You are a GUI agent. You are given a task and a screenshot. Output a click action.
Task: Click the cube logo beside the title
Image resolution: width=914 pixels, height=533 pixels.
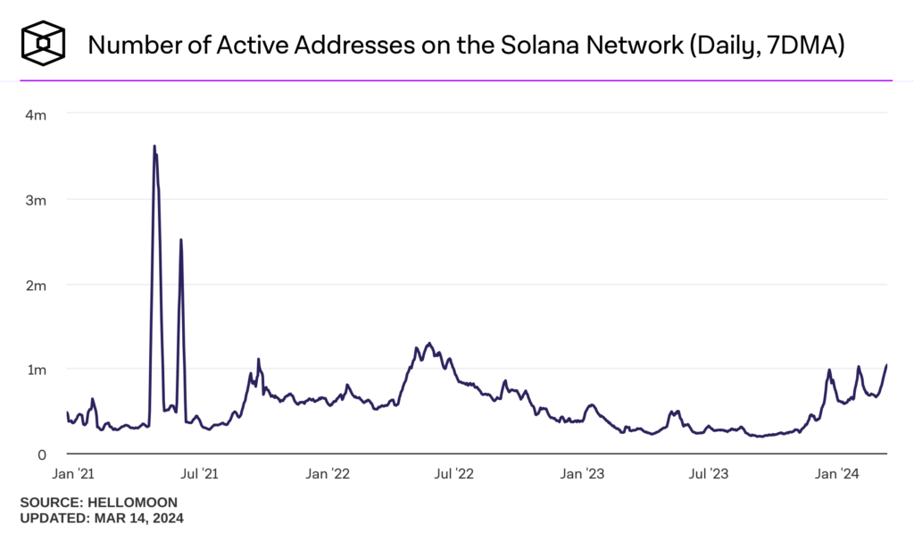[44, 43]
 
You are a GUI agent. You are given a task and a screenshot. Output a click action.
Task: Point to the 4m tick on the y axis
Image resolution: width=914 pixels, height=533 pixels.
[35, 114]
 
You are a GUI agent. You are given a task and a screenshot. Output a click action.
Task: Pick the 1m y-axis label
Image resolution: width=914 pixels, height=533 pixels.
[35, 369]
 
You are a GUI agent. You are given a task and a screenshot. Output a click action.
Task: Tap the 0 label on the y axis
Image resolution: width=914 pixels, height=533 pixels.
[40, 454]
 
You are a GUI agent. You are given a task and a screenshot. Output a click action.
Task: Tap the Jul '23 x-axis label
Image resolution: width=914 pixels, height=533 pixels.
[710, 473]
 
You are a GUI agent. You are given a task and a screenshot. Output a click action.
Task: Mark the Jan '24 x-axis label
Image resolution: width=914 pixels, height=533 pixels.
[837, 473]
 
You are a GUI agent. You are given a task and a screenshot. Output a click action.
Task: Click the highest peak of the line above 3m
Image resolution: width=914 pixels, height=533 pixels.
[154, 146]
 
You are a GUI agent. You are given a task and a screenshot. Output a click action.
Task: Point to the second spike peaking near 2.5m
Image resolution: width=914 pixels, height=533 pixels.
[181, 239]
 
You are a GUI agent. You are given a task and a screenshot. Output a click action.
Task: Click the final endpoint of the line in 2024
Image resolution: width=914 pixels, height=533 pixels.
[886, 364]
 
